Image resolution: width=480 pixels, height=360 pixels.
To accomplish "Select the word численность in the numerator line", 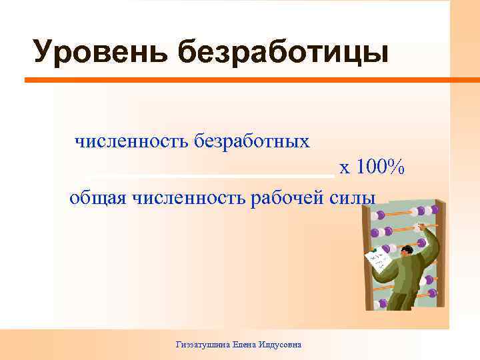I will (131, 141).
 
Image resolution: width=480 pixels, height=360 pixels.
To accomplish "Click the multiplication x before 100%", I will (345, 169).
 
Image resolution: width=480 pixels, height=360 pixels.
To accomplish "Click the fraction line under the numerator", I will (210, 175).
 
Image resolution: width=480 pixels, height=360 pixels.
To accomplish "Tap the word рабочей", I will (291, 198).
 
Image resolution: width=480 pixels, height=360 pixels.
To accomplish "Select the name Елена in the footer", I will (246, 345).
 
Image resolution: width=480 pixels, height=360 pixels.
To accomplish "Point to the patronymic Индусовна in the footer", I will (281, 345).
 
